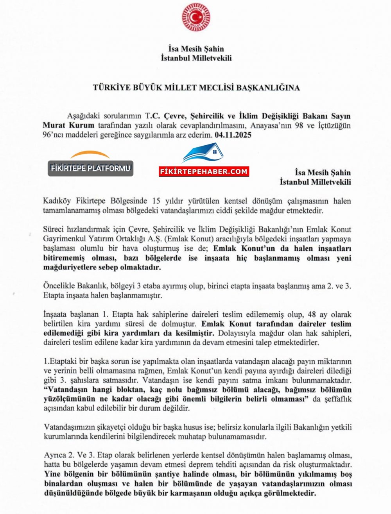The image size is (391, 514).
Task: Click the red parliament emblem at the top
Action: click(196, 18)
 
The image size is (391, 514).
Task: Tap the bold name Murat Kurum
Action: click(68, 125)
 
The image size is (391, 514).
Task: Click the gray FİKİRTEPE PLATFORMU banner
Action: click(90, 168)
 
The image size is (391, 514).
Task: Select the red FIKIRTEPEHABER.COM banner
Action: click(204, 171)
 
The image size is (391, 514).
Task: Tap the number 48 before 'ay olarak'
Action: click(312, 314)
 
